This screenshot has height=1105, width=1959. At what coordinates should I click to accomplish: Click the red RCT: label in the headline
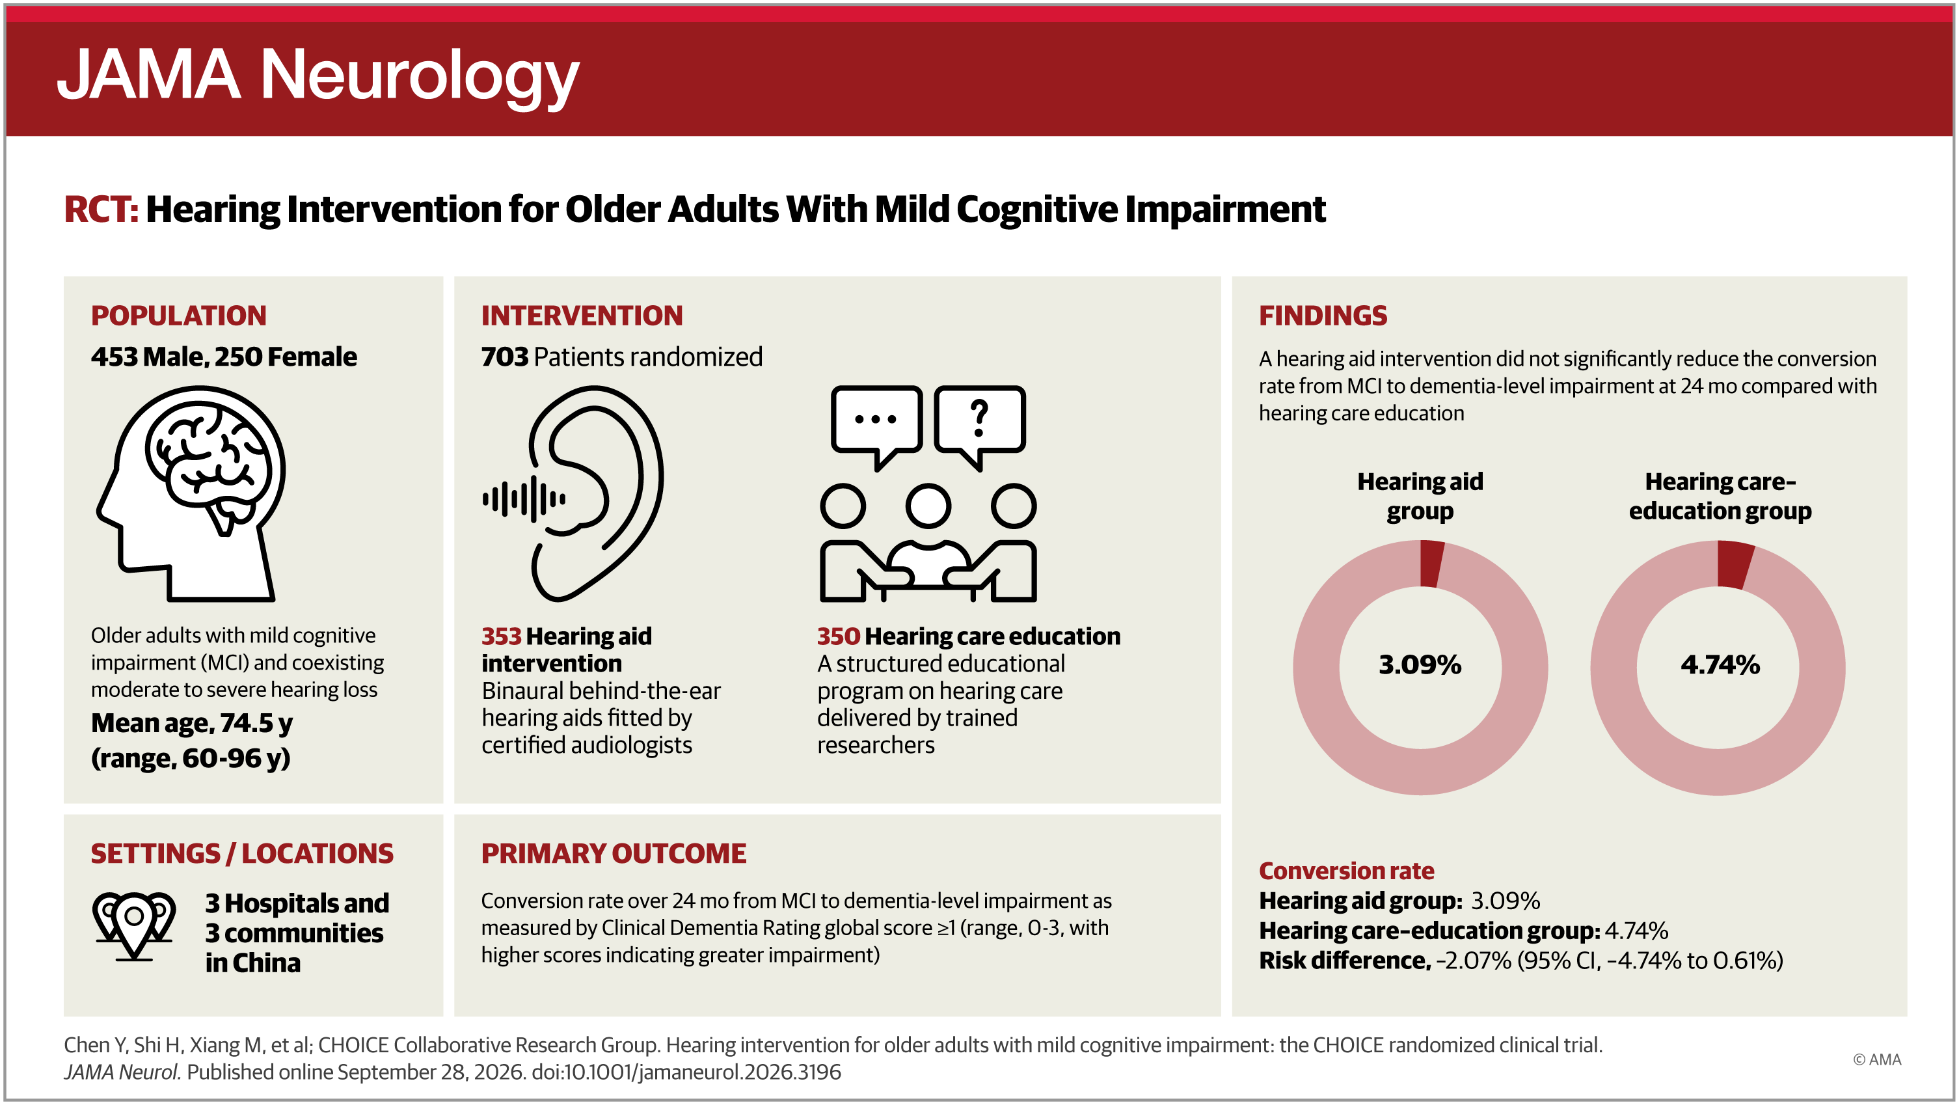click(101, 209)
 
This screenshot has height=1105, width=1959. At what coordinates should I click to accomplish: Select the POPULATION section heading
click(179, 316)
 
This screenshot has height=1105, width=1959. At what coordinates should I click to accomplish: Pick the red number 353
click(501, 636)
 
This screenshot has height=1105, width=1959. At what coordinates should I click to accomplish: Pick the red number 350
click(838, 636)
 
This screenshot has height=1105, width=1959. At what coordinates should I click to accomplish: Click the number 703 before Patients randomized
click(505, 357)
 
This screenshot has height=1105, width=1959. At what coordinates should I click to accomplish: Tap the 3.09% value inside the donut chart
click(1420, 664)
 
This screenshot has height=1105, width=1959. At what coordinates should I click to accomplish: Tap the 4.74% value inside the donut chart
click(1720, 664)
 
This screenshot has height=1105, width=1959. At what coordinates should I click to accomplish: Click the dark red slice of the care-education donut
click(1734, 565)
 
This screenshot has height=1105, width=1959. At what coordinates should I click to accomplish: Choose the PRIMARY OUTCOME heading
click(614, 853)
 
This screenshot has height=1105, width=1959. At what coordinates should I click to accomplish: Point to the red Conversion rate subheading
click(1346, 871)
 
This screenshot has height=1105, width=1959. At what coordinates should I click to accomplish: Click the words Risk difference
click(1344, 961)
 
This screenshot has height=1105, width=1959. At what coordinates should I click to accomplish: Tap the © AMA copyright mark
click(1876, 1059)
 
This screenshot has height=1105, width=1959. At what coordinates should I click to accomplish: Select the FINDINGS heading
click(1323, 316)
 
